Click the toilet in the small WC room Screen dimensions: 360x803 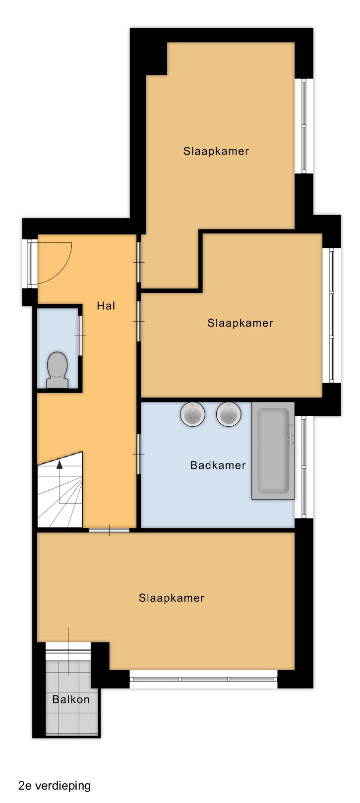pos(58,370)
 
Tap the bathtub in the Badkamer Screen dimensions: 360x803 pos(273,451)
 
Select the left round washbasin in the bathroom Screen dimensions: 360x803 pos(192,414)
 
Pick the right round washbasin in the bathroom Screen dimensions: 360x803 pos(229,414)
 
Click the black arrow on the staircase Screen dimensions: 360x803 pos(60,465)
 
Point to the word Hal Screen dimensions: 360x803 pos(106,306)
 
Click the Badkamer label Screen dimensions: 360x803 pos(218,465)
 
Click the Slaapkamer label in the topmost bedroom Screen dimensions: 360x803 pos(216,151)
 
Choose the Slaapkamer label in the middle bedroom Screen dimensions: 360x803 pos(240,323)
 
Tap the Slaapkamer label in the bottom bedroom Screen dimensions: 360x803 pos(172,598)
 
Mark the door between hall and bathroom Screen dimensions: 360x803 pos(138,454)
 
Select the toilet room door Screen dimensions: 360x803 pos(80,336)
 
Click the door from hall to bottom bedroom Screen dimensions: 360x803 pos(110,530)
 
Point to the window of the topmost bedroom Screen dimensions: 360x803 pos(304,126)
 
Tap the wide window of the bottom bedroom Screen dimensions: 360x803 pos(204,679)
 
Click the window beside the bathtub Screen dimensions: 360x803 pos(304,467)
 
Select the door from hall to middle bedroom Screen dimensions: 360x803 pos(138,322)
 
